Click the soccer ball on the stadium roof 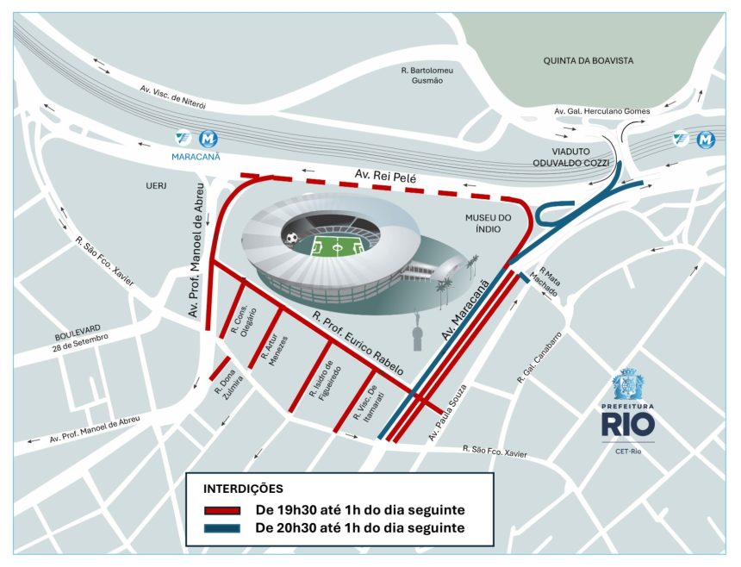292,237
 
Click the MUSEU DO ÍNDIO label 489,225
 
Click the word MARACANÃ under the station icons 196,157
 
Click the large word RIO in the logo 627,424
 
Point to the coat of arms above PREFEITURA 626,384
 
